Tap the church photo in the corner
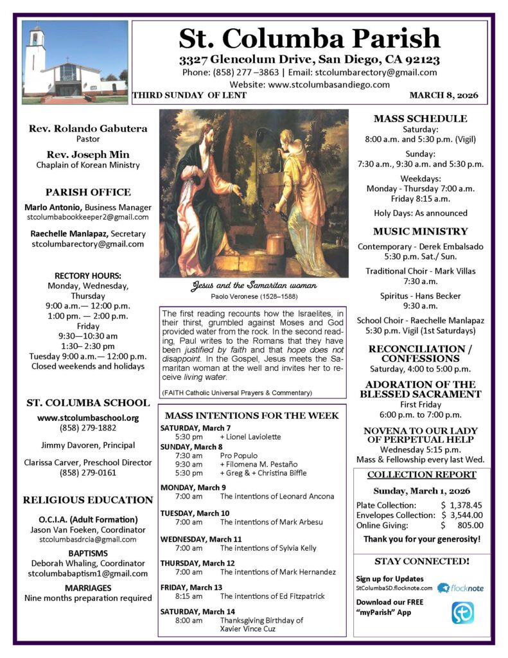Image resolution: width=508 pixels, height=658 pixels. (74, 62)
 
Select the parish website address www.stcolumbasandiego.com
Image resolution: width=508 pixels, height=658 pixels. (328, 84)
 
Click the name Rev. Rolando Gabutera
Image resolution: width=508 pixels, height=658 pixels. (88, 129)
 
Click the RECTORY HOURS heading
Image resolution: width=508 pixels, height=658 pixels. (88, 276)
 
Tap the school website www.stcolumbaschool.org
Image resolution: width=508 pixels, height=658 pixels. (88, 418)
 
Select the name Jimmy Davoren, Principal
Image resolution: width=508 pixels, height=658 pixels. (88, 445)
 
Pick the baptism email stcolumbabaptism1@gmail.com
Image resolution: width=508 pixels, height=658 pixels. (88, 573)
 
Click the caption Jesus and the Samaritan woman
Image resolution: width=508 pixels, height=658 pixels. (254, 285)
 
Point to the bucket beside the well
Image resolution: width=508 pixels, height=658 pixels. (276, 244)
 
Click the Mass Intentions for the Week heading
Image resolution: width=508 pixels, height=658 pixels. (252, 416)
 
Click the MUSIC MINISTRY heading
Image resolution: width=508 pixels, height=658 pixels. (420, 231)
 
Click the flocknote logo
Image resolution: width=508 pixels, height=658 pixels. (460, 587)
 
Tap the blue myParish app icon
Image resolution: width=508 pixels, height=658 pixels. (462, 612)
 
